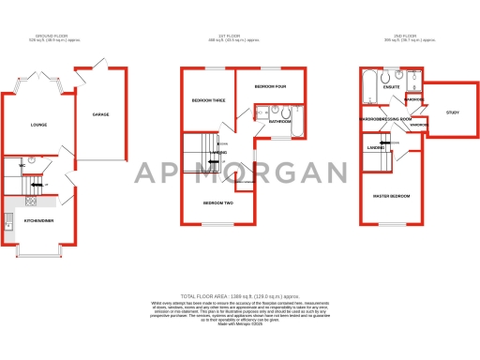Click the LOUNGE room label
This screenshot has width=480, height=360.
(38, 125)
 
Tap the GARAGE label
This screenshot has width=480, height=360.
(100, 114)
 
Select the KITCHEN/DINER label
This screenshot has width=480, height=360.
(40, 220)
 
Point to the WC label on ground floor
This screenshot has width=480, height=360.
(21, 165)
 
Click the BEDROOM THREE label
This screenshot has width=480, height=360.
(208, 100)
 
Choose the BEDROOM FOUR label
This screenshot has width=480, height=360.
(269, 87)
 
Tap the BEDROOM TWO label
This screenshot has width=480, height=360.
(217, 203)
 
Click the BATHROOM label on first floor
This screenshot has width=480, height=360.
(280, 122)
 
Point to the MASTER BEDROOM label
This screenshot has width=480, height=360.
(393, 196)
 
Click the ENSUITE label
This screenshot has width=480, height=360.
(380, 87)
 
